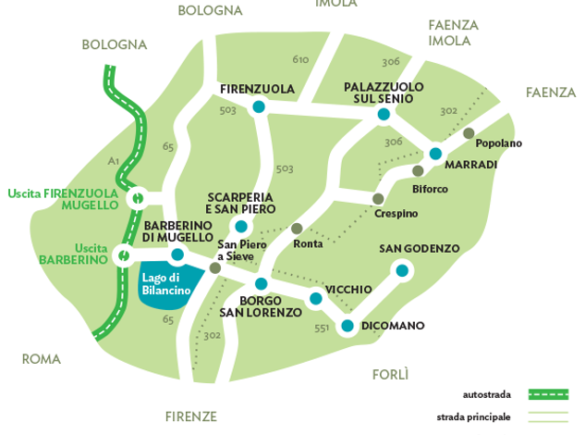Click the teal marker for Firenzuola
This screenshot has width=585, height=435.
tap(259, 108)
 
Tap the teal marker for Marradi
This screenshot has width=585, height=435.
tap(436, 154)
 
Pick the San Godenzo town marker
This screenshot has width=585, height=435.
tap(402, 270)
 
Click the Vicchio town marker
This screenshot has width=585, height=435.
tap(316, 299)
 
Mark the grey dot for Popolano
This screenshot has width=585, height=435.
tap(469, 133)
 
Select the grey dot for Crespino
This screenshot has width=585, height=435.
tap(378, 199)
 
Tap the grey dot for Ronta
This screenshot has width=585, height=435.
tap(297, 229)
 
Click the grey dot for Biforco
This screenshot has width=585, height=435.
tap(419, 171)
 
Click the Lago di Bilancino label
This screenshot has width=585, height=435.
tap(166, 283)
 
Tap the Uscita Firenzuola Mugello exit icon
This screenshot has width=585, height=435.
tap(137, 197)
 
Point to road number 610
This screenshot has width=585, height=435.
tap(300, 60)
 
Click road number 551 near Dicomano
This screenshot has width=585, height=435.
tap(322, 328)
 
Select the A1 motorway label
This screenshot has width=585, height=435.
tap(113, 160)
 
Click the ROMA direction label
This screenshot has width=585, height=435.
tap(42, 359)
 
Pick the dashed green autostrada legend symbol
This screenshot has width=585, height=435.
tap(549, 394)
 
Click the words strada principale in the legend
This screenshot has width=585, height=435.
tap(473, 416)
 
